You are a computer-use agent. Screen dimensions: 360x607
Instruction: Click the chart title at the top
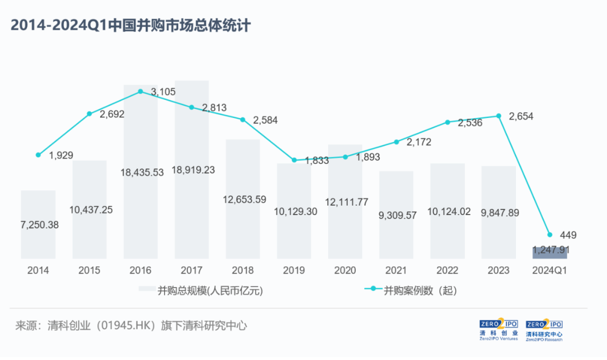click(x=130, y=26)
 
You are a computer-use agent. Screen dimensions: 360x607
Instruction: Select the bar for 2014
click(x=38, y=225)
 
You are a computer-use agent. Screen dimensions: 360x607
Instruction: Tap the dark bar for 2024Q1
click(x=550, y=252)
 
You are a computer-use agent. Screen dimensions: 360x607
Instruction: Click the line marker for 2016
click(x=141, y=91)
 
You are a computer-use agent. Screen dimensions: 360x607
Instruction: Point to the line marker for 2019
click(x=294, y=160)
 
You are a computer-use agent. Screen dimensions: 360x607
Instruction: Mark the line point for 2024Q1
click(x=550, y=235)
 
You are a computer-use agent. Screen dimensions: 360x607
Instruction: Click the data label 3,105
click(x=164, y=92)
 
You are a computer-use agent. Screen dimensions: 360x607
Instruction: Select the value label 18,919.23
click(x=193, y=170)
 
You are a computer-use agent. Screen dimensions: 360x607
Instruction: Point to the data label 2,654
click(x=521, y=117)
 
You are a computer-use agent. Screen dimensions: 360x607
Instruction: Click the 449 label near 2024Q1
click(x=568, y=235)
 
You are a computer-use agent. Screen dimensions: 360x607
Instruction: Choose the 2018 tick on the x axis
click(x=243, y=271)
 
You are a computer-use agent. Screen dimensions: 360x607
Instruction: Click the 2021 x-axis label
click(x=396, y=271)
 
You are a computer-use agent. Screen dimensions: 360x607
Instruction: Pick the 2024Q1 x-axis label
click(x=550, y=271)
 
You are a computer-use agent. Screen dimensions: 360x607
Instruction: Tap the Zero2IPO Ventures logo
click(x=499, y=330)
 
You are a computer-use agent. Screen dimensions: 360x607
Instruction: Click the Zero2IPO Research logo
click(x=544, y=330)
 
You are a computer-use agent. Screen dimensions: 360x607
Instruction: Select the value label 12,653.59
click(x=244, y=199)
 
